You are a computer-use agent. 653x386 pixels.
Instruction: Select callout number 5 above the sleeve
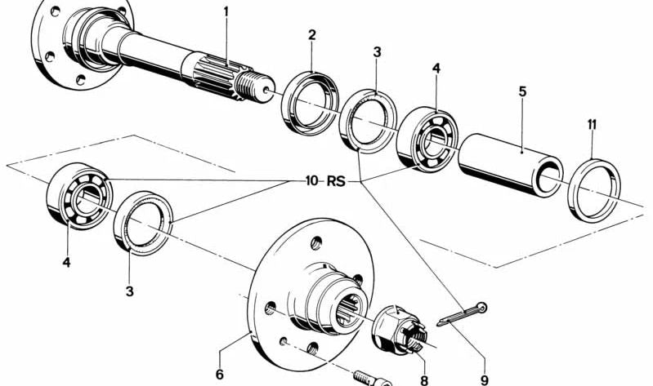click(522, 92)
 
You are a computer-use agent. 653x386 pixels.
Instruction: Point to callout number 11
click(592, 124)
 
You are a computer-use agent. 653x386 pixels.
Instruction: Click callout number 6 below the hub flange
click(219, 375)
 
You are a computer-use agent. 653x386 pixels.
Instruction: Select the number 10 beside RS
click(311, 181)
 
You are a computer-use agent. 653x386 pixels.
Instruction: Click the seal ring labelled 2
click(311, 101)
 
